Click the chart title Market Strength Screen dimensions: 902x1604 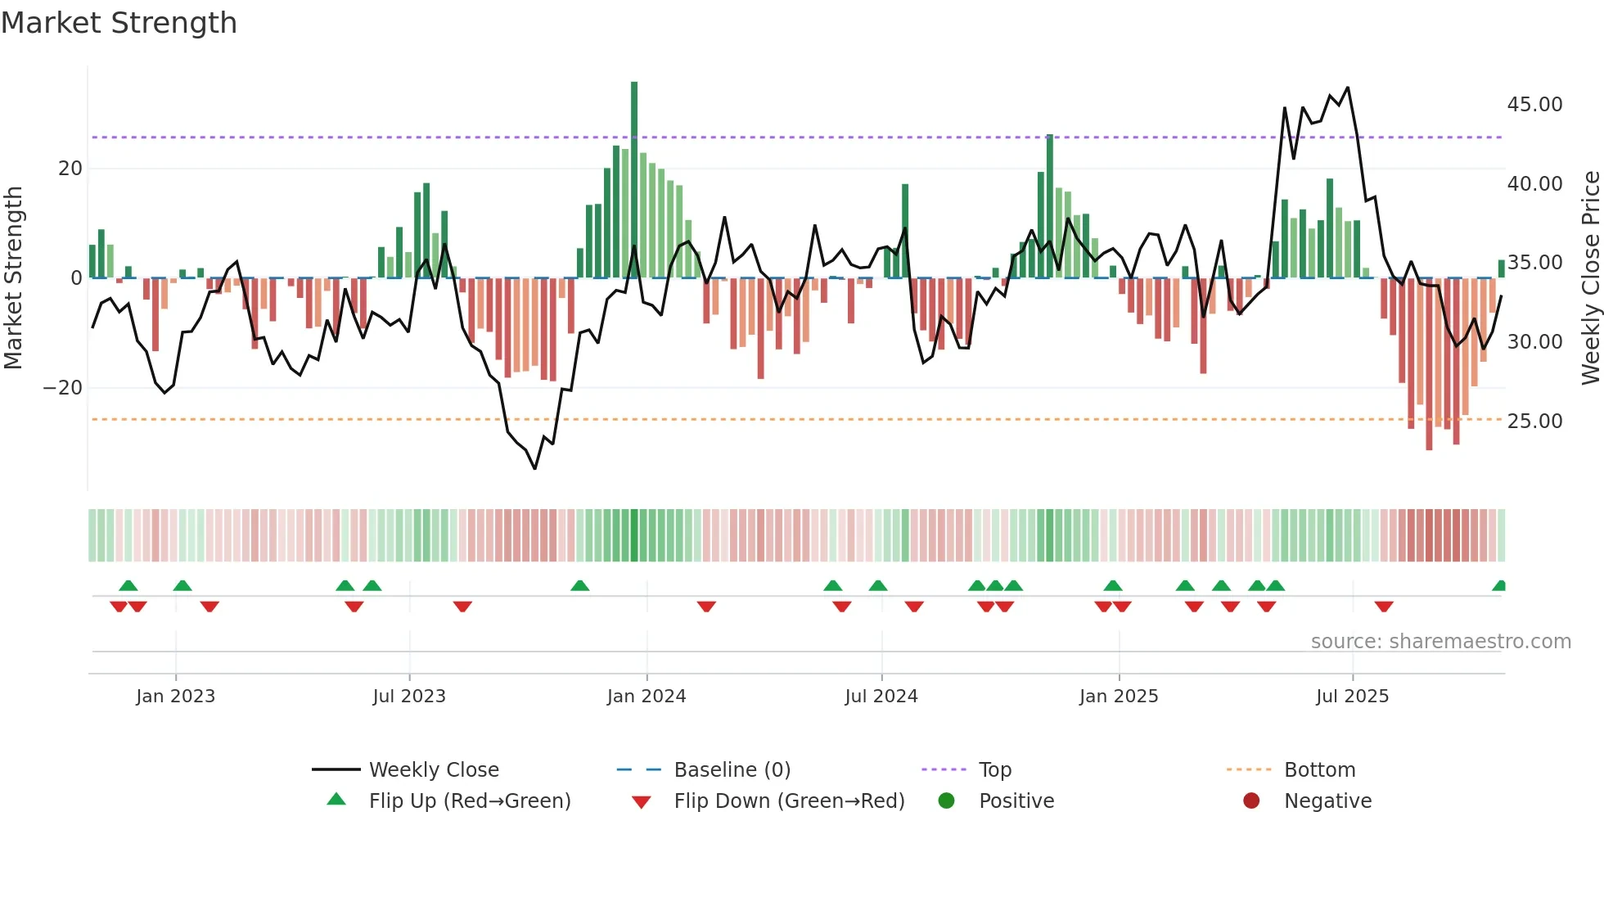(x=119, y=23)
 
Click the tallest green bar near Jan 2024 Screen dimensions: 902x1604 (x=634, y=180)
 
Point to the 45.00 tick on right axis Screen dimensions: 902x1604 (x=1534, y=105)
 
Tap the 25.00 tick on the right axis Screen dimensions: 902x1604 (x=1534, y=422)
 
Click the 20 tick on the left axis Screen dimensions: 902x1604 (x=70, y=169)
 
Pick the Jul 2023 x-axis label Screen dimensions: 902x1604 (x=409, y=697)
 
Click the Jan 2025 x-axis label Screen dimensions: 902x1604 (x=1119, y=697)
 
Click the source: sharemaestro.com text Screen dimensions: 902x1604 (x=1440, y=642)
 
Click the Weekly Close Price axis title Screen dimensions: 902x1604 (x=1590, y=278)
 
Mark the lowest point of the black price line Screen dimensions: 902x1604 (x=535, y=468)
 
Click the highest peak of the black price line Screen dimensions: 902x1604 (x=1348, y=88)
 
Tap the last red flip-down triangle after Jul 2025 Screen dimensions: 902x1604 (x=1384, y=607)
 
